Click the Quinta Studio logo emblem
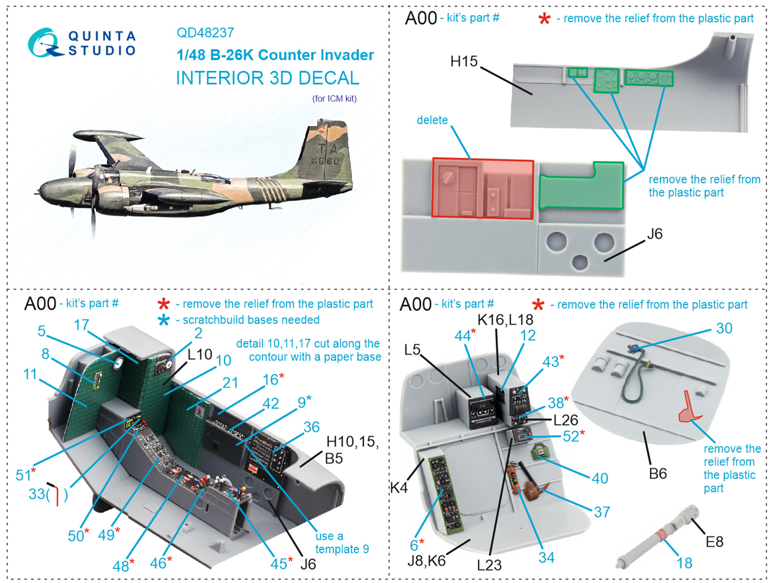click(44, 43)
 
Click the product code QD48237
click(205, 33)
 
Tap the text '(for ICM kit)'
click(334, 99)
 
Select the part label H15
click(463, 62)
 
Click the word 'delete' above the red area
click(432, 120)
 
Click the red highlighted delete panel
click(483, 188)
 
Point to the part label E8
click(714, 542)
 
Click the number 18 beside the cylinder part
click(684, 563)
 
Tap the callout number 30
click(724, 328)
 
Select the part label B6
click(658, 474)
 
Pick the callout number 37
click(601, 512)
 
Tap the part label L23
click(489, 565)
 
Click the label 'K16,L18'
click(505, 320)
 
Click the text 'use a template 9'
click(342, 542)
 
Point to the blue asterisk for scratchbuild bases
click(164, 320)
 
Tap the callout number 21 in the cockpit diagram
click(230, 383)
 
